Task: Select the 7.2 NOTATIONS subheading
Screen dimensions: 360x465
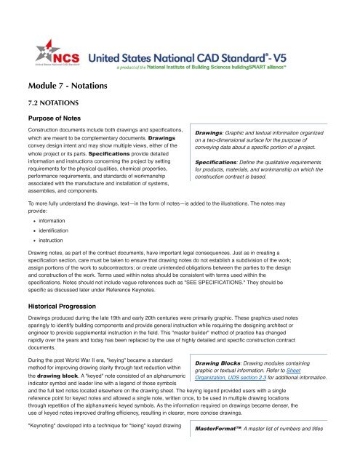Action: (49, 103)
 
